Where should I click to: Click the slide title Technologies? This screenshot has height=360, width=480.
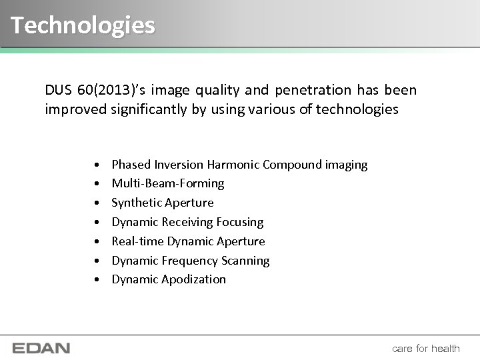83,25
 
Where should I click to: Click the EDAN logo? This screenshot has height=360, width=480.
41,348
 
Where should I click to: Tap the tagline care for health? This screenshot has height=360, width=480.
426,348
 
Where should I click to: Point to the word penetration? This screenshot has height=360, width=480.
313,89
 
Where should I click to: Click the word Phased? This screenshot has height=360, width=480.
131,165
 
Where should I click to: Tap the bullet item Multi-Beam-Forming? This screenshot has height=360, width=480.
168,183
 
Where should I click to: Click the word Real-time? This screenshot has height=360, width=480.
137,241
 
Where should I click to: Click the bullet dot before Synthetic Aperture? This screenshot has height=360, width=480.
97,203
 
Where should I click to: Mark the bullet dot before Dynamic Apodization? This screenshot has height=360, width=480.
97,280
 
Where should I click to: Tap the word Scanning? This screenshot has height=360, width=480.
246,261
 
